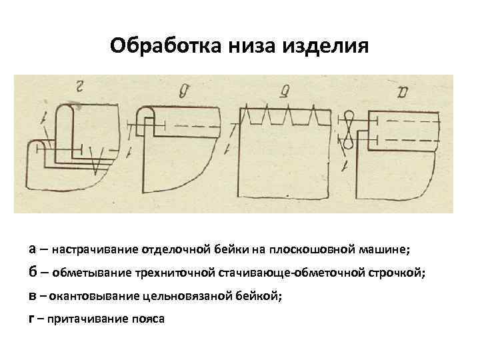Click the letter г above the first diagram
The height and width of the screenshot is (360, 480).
(x=80, y=85)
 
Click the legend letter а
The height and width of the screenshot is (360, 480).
(x=34, y=249)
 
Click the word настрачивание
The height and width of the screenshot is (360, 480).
(x=95, y=249)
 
